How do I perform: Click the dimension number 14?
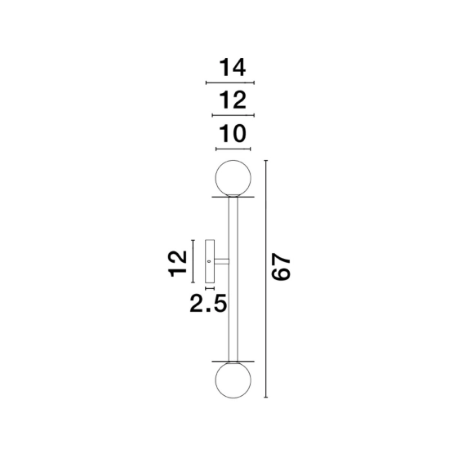click(232, 68)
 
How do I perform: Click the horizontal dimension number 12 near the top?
click(232, 100)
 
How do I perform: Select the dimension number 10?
click(232, 133)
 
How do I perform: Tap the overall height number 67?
click(281, 266)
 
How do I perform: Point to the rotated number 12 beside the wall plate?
click(178, 264)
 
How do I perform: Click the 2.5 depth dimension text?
click(208, 303)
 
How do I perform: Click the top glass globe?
click(233, 178)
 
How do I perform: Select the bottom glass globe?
click(233, 380)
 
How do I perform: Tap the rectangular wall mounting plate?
click(210, 261)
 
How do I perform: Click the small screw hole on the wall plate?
click(209, 261)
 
